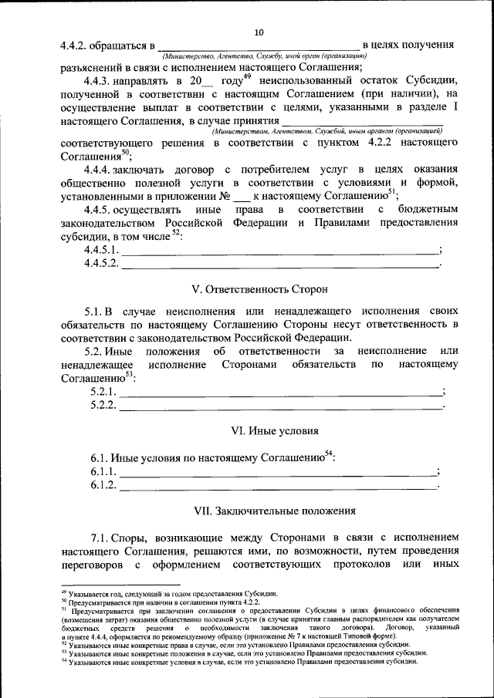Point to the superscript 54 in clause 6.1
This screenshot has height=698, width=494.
pos(328,453)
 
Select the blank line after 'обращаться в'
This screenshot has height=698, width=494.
pos(258,46)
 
